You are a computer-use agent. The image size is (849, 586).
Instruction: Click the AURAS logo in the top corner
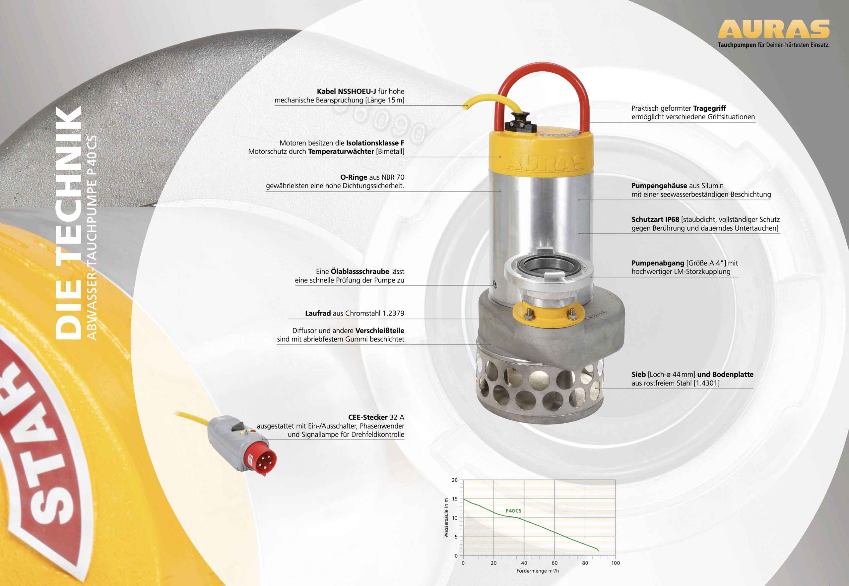coord(774,29)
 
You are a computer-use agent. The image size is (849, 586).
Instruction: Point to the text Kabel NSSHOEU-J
coord(347,91)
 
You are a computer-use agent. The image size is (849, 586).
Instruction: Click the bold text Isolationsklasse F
coord(375,143)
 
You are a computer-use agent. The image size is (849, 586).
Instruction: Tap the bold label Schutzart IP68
coord(655,219)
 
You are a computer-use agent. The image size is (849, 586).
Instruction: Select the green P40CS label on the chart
coord(513,511)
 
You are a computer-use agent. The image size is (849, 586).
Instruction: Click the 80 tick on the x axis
coord(585,563)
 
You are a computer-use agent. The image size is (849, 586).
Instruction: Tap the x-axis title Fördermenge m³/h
coord(538,571)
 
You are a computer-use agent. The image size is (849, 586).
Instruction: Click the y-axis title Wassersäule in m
coord(446,518)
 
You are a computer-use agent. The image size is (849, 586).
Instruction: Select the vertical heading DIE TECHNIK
coord(68,222)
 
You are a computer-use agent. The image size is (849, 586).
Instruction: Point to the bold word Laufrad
coord(318,313)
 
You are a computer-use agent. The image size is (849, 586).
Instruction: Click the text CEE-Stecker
coord(368,418)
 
